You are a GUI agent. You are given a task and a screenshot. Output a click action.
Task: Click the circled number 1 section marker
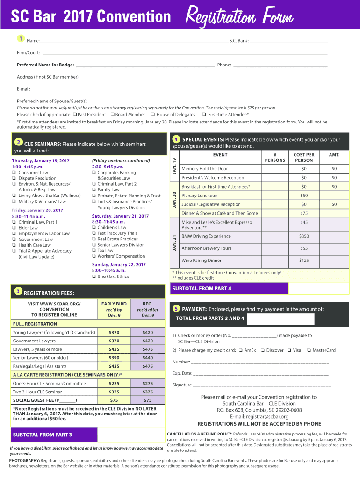[21, 38]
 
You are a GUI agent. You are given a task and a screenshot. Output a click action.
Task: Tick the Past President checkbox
[75, 114]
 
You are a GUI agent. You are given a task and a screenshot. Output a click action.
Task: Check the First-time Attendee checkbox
[204, 114]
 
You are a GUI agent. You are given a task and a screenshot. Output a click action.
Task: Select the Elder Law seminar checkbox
[14, 228]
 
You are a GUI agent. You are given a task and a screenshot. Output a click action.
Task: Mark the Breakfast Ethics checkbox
[94, 276]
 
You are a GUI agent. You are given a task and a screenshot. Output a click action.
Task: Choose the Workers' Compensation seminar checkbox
[94, 256]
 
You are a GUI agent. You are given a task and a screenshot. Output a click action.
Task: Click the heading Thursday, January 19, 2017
[41, 161]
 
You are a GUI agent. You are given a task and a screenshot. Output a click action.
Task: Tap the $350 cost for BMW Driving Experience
[304, 236]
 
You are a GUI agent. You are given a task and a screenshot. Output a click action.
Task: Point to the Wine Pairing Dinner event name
[202, 260]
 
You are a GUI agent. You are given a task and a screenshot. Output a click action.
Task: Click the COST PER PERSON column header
[304, 157]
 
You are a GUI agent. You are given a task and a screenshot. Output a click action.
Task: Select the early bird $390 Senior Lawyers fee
[114, 358]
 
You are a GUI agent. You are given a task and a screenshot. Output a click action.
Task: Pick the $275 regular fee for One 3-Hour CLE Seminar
[148, 383]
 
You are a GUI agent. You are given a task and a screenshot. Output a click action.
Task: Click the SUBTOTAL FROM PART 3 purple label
[43, 435]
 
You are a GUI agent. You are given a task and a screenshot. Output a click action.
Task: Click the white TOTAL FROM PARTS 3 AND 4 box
[281, 319]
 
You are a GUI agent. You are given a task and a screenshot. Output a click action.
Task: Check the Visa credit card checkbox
[289, 350]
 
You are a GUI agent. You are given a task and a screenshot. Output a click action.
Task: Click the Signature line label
[182, 385]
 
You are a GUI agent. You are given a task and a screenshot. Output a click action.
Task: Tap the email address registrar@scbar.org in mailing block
[259, 417]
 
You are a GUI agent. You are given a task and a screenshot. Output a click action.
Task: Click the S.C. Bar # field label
[239, 41]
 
